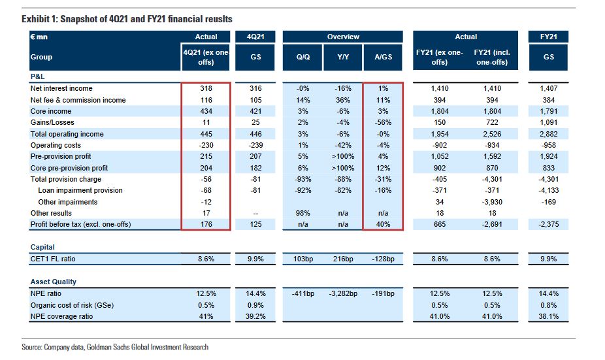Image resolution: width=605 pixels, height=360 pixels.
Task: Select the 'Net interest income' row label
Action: point(61,88)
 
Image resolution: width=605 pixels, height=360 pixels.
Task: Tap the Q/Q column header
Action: point(303,57)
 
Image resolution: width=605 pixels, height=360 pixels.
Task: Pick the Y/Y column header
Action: point(343,57)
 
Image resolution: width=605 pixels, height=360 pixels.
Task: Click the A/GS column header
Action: point(383,57)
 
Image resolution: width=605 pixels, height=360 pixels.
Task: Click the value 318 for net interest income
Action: point(206,88)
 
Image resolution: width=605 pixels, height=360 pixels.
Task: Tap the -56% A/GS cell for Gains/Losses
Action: point(382,122)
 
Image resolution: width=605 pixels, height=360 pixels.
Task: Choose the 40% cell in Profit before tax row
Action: point(383,225)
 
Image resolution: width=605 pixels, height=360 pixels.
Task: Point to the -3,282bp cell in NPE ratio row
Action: point(343,293)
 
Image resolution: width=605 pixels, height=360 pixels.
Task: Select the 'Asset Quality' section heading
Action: point(53,282)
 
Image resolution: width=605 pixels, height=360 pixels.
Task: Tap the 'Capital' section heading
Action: point(42,248)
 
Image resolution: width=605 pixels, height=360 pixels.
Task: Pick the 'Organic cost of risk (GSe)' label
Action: point(72,305)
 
